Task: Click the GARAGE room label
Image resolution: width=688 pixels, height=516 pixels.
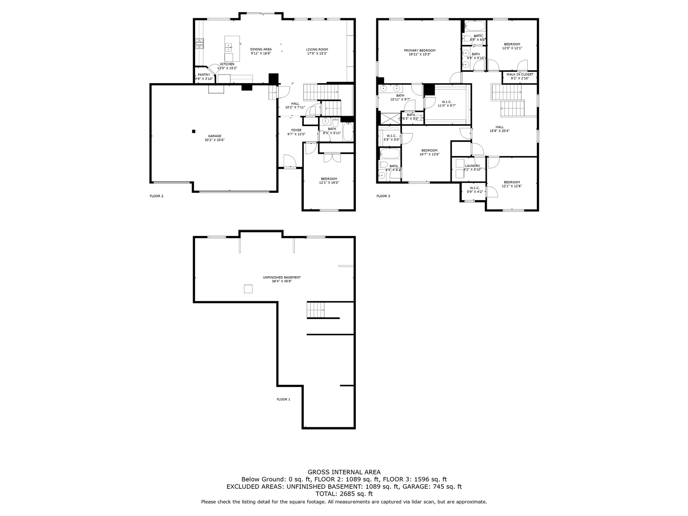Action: click(x=214, y=136)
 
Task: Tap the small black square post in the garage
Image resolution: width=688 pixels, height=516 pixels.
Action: click(x=193, y=131)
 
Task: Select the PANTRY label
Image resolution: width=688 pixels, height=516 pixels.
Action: click(x=204, y=75)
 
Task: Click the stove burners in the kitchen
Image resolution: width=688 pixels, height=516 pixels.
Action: click(x=200, y=44)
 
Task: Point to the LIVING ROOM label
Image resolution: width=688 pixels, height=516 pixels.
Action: click(x=317, y=49)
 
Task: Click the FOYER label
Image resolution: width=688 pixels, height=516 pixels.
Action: click(x=296, y=130)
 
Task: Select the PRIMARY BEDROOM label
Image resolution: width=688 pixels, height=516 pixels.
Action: click(x=419, y=50)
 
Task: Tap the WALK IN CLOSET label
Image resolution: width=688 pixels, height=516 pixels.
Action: click(x=519, y=75)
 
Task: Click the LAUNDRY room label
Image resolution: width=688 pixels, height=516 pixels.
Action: click(x=472, y=166)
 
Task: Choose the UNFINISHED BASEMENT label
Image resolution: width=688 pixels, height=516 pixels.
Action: click(x=282, y=277)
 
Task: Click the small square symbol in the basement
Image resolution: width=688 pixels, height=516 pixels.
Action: click(x=248, y=289)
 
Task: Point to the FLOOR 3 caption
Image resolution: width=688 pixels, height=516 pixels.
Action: click(x=383, y=196)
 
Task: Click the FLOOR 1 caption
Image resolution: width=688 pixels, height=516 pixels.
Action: click(x=283, y=399)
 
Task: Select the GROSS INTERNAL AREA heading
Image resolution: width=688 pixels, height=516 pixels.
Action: click(x=344, y=472)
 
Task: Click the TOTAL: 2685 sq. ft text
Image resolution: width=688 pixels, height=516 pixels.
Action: click(x=344, y=494)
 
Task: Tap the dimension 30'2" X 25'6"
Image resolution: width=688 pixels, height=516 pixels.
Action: click(x=214, y=140)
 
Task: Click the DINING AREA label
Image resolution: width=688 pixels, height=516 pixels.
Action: click(x=261, y=49)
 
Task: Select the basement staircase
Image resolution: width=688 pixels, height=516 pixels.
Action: click(x=316, y=310)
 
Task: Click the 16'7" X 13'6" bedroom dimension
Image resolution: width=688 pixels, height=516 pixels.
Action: click(x=429, y=155)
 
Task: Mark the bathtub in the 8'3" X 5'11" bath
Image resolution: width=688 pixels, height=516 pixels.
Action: click(x=348, y=132)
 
